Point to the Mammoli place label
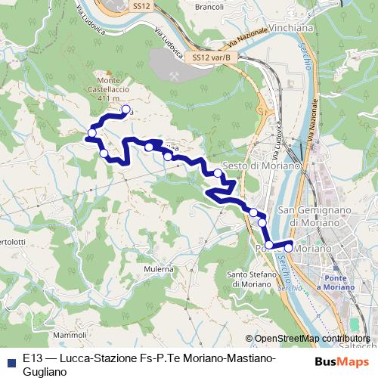70,334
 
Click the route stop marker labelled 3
125,109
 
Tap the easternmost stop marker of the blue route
288,246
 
